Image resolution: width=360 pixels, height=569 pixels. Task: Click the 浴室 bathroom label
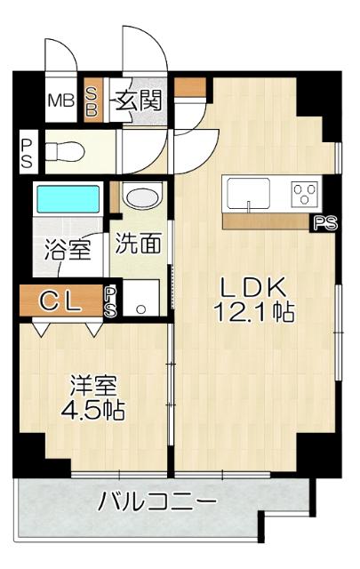67,249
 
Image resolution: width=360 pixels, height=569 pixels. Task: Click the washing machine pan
140,300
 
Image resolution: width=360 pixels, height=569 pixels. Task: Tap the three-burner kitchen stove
303,192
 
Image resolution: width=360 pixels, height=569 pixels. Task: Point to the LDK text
252,287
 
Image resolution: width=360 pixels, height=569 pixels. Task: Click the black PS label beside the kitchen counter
325,223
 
